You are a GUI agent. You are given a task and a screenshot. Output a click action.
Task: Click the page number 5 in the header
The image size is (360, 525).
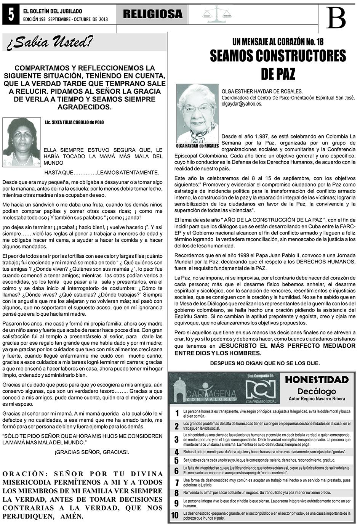pyautogui.click(x=10, y=15)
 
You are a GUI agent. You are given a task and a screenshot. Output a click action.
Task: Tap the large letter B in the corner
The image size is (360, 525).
pyautogui.click(x=336, y=18)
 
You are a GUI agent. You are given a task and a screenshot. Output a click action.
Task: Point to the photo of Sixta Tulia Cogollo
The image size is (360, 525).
pyautogui.click(x=21, y=142)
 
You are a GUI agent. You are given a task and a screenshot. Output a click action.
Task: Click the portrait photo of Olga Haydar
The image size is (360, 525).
pyautogui.click(x=198, y=114)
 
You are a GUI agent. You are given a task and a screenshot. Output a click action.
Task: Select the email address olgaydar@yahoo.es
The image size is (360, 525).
pyautogui.click(x=242, y=104)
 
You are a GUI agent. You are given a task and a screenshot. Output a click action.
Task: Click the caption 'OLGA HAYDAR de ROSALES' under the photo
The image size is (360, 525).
pyautogui.click(x=198, y=146)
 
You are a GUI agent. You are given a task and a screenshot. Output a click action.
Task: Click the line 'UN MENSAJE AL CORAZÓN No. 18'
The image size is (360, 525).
pyautogui.click(x=278, y=42)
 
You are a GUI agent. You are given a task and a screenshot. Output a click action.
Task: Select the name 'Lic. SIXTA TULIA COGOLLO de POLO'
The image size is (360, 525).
pyautogui.click(x=74, y=123)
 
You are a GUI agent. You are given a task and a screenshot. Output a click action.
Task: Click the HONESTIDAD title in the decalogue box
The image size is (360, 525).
pyautogui.click(x=317, y=380)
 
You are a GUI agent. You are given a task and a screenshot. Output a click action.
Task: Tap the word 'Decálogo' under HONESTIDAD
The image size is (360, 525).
pyautogui.click(x=317, y=391)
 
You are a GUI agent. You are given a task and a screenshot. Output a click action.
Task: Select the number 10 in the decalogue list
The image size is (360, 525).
pyautogui.click(x=175, y=515)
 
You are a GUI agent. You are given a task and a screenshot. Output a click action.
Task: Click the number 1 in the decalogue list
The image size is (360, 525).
pyautogui.click(x=177, y=414)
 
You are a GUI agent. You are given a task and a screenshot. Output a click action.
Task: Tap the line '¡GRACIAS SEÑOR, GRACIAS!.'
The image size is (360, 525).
pyautogui.click(x=91, y=452)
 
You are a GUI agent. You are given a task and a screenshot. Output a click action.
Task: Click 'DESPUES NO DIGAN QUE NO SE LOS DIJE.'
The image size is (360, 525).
pyautogui.click(x=265, y=363)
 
